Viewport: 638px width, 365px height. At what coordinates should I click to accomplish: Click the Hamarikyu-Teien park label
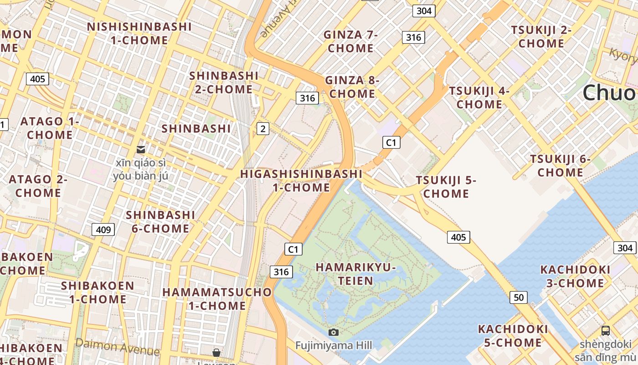coord(355,274)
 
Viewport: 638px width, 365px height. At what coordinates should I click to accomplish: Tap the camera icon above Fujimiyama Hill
coord(334,332)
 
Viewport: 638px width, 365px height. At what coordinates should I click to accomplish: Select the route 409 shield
coord(103,229)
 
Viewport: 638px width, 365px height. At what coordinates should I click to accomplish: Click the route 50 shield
coord(519,297)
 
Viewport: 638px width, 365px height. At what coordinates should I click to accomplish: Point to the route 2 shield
coord(262,129)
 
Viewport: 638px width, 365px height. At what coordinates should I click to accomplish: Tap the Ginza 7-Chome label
coord(350,42)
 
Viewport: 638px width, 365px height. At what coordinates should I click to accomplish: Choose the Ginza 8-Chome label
coord(352,87)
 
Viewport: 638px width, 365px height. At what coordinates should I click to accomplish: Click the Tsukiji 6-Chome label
coord(560,166)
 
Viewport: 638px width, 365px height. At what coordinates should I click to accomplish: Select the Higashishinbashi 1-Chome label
coord(301,180)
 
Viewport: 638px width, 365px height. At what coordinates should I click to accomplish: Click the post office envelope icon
coord(141,149)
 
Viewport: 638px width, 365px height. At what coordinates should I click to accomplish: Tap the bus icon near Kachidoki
coord(605,331)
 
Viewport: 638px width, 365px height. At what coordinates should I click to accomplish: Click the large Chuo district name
coord(608,93)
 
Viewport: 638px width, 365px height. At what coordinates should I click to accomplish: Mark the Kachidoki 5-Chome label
coord(513,335)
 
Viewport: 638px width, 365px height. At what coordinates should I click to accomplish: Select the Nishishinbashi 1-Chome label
coord(139,33)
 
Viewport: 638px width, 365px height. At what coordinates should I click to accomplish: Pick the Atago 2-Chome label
coord(38,186)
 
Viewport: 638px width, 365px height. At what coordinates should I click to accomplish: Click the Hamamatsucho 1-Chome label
coord(217,298)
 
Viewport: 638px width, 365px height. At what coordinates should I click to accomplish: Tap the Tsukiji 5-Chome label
coord(446,187)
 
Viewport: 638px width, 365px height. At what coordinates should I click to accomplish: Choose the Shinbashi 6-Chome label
coord(160,221)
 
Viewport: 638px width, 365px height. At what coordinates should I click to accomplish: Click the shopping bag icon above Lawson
coord(216,353)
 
